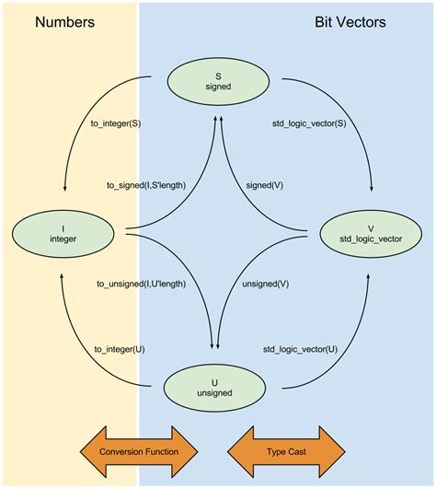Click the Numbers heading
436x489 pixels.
pyautogui.click(x=65, y=21)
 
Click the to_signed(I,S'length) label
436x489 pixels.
pyautogui.click(x=147, y=185)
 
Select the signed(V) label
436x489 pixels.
pyautogui.click(x=264, y=185)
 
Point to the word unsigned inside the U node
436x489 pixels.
pyautogui.click(x=217, y=393)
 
